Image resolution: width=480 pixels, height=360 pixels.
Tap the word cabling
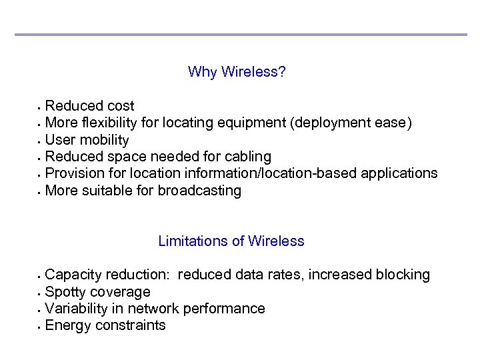(x=248, y=157)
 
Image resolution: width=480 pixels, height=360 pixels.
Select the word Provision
(x=74, y=173)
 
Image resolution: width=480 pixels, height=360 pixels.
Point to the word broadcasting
(x=199, y=191)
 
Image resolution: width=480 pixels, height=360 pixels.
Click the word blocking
(x=403, y=275)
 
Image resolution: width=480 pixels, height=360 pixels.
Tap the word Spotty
(x=65, y=292)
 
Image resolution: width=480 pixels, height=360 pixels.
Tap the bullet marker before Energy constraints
(x=40, y=327)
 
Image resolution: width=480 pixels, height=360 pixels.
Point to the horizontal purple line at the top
(x=240, y=35)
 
